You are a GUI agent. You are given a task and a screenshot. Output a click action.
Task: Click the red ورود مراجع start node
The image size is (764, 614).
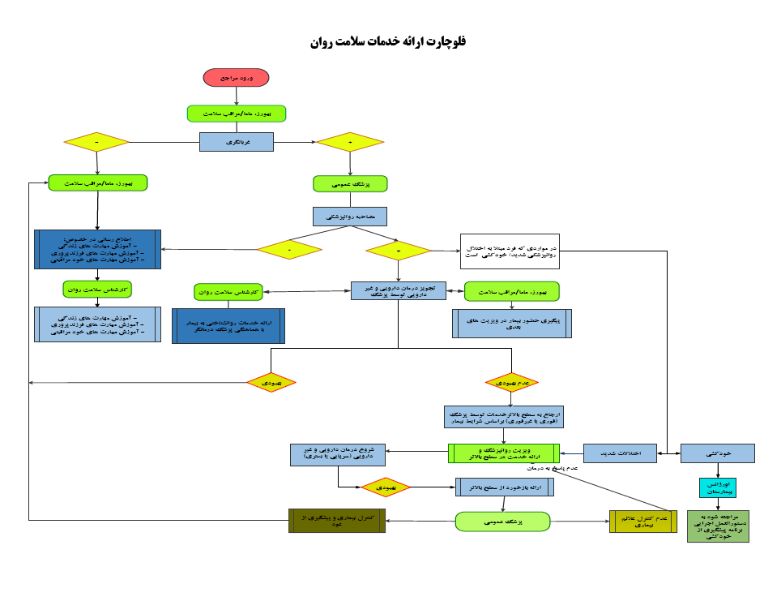click(x=236, y=77)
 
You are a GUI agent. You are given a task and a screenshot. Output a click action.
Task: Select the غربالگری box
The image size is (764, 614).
click(x=237, y=141)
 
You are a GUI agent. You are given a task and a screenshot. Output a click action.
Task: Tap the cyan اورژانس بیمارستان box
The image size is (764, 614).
click(x=717, y=487)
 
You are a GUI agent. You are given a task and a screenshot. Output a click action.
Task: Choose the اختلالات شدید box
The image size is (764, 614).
click(x=619, y=453)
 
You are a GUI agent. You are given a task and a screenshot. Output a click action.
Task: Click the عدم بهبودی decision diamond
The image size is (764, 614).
click(x=511, y=381)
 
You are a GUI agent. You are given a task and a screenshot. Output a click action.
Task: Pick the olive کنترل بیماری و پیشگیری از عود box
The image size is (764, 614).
click(x=337, y=520)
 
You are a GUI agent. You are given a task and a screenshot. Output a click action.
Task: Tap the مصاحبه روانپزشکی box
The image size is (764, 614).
click(x=350, y=217)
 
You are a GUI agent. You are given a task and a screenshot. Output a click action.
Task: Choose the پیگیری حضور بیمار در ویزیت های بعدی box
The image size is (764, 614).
click(x=511, y=323)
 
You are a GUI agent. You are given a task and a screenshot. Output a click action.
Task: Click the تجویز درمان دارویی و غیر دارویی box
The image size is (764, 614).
click(x=399, y=290)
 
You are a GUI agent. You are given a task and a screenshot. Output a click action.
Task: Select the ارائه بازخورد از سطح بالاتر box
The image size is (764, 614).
click(x=504, y=487)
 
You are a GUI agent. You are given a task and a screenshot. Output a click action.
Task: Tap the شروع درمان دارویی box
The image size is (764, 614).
click(x=338, y=454)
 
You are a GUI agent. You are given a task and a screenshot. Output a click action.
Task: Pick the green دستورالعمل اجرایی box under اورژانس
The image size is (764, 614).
click(x=717, y=526)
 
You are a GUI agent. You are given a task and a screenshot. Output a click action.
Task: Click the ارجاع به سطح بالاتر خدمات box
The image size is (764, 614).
click(x=504, y=417)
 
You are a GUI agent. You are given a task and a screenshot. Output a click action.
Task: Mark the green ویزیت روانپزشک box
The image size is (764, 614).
click(x=504, y=453)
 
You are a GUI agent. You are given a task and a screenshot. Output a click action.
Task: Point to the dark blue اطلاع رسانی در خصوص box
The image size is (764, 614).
click(x=97, y=249)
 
